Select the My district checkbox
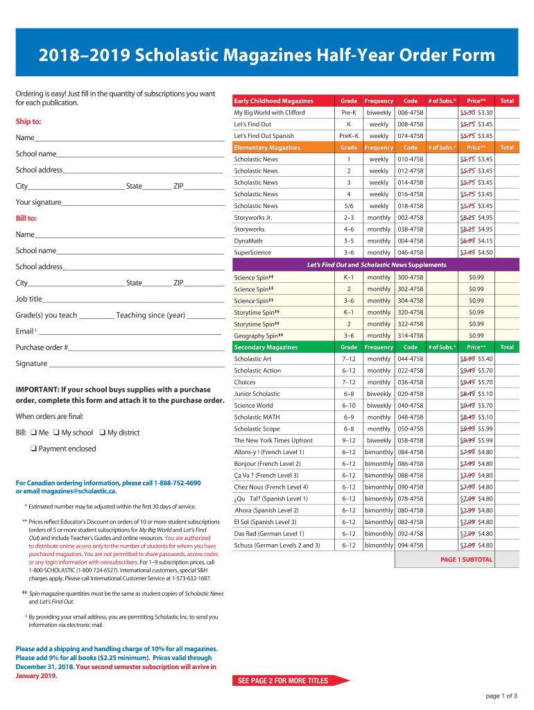[x=102, y=433]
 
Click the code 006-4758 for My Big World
[x=410, y=112]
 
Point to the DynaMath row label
[x=248, y=241]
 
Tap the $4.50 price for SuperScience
[x=485, y=252]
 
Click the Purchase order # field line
[x=146, y=348]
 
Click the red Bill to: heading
[x=26, y=218]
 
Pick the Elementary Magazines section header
[x=267, y=148]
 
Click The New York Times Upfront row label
[x=273, y=440]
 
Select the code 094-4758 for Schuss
[x=410, y=545]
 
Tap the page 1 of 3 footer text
[x=501, y=695]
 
